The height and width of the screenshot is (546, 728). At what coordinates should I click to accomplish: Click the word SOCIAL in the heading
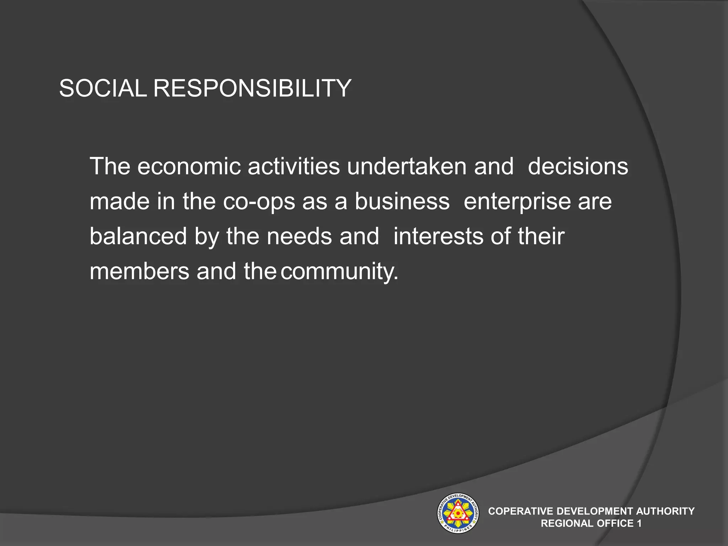(x=103, y=88)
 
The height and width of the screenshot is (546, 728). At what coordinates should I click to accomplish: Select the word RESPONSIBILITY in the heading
(x=252, y=88)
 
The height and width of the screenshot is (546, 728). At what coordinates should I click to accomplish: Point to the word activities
(x=294, y=166)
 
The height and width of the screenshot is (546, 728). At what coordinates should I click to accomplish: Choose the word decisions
(x=578, y=166)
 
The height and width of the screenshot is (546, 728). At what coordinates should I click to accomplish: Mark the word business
(x=402, y=201)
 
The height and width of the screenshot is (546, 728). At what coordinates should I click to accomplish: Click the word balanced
(x=138, y=236)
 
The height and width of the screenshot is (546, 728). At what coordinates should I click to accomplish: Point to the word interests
(x=438, y=236)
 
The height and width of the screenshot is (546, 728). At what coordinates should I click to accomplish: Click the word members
(x=139, y=271)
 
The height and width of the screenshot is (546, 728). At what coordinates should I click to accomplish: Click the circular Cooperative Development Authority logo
(x=458, y=513)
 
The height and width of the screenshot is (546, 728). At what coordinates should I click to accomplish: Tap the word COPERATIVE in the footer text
(x=521, y=511)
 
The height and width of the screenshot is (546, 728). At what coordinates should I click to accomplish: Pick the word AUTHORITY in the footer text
(x=665, y=511)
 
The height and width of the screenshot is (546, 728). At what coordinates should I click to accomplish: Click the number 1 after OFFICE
(x=639, y=523)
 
